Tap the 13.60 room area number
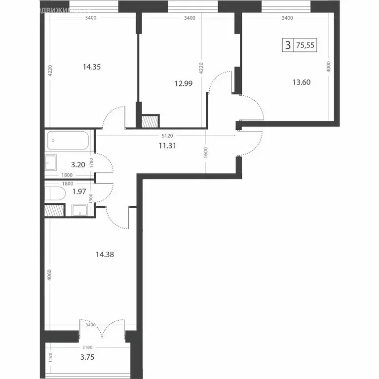tap(301, 82)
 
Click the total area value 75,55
tap(305, 46)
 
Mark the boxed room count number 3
tap(287, 46)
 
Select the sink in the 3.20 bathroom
tap(51, 161)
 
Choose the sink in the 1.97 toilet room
tap(80, 211)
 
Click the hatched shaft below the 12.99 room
tap(150, 121)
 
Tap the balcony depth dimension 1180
tap(50, 357)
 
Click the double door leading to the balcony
tap(102, 329)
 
